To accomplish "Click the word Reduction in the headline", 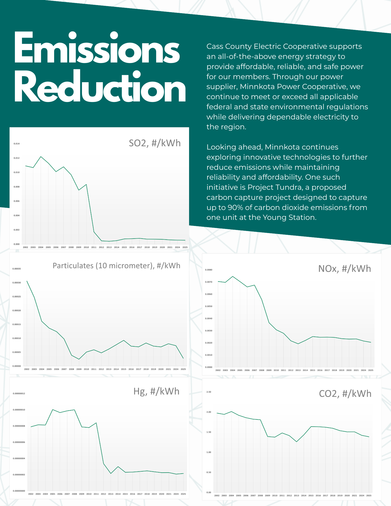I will pos(100,87).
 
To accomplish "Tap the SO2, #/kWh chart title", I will pos(155,143).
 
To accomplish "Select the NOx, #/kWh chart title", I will pos(344,269).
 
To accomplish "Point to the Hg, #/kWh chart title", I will pos(156,391).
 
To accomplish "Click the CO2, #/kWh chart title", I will pos(345,394).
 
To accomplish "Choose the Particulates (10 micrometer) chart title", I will pos(116,266).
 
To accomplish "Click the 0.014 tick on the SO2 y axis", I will pos(16,144).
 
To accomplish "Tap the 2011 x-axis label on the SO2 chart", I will pos(94,247).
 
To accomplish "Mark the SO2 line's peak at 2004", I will pos(41,157).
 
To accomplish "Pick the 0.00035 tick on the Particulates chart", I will pos(17,269).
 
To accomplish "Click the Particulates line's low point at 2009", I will pos(79,359).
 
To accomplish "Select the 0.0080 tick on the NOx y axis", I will pos(209,270).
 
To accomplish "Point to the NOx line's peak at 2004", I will pos(233,276).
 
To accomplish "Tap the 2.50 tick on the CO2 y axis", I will pos(209,392).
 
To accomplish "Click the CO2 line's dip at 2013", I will pos(296,442).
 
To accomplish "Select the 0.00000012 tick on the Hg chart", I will pos(19,393).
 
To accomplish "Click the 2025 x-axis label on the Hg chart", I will pos(183,494).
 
